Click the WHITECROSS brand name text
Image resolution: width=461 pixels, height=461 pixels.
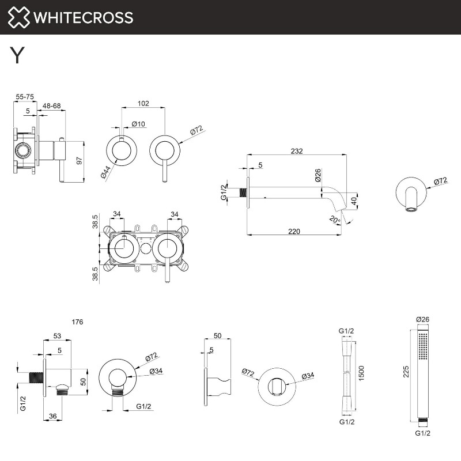[x=84, y=17]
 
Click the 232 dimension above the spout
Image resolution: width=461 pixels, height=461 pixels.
[x=296, y=151]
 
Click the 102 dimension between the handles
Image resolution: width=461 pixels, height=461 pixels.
[x=143, y=104]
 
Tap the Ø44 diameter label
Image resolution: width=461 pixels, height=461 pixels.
[x=105, y=172]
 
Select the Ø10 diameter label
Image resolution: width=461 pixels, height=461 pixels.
[x=138, y=123]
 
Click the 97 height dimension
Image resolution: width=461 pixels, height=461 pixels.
[x=80, y=161]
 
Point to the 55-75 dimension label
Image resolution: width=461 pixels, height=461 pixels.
[x=24, y=97]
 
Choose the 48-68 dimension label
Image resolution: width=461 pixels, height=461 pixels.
[x=52, y=106]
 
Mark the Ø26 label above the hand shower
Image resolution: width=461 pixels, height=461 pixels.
[x=422, y=319]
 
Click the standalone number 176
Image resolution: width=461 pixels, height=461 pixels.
[x=77, y=322]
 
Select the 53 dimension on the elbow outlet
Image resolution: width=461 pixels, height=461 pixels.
[x=57, y=335]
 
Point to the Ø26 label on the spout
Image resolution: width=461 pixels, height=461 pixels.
[x=318, y=175]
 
